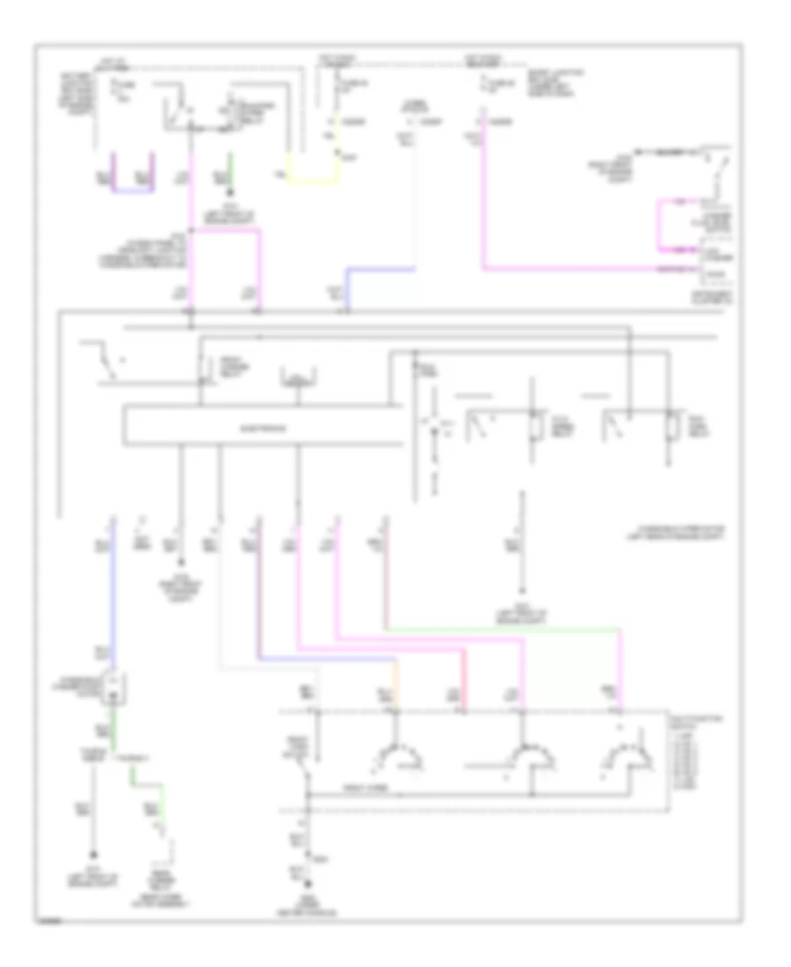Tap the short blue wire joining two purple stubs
click(x=134, y=189)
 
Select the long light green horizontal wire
click(x=501, y=629)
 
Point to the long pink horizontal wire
click(x=571, y=268)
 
